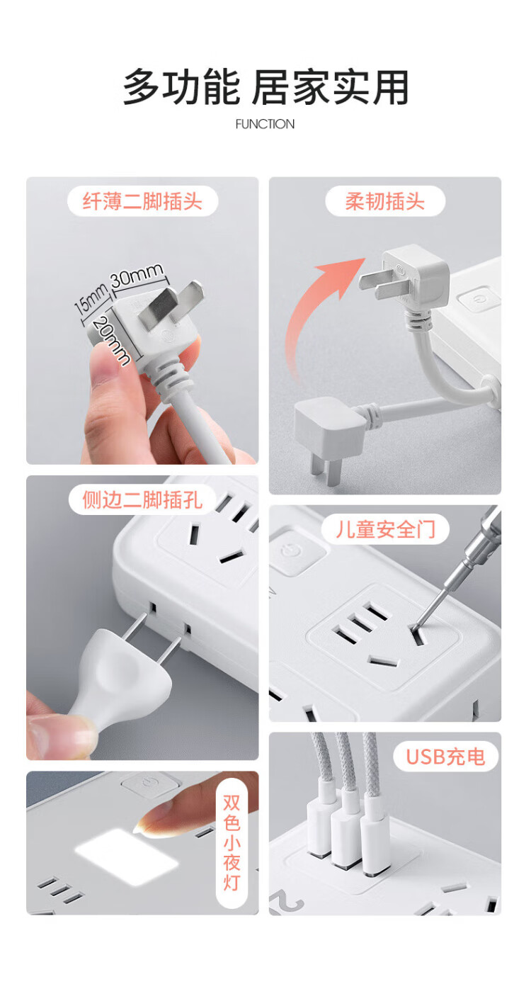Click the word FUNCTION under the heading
tap(265, 124)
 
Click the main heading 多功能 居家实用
tap(265, 87)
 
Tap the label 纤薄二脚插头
tap(142, 201)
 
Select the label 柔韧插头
tap(385, 201)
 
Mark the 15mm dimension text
tap(91, 298)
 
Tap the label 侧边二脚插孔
tap(142, 499)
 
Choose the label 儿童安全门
tap(385, 530)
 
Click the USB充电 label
tap(445, 757)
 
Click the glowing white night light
tap(127, 856)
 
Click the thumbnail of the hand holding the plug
tap(142, 320)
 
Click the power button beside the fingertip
tap(151, 786)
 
